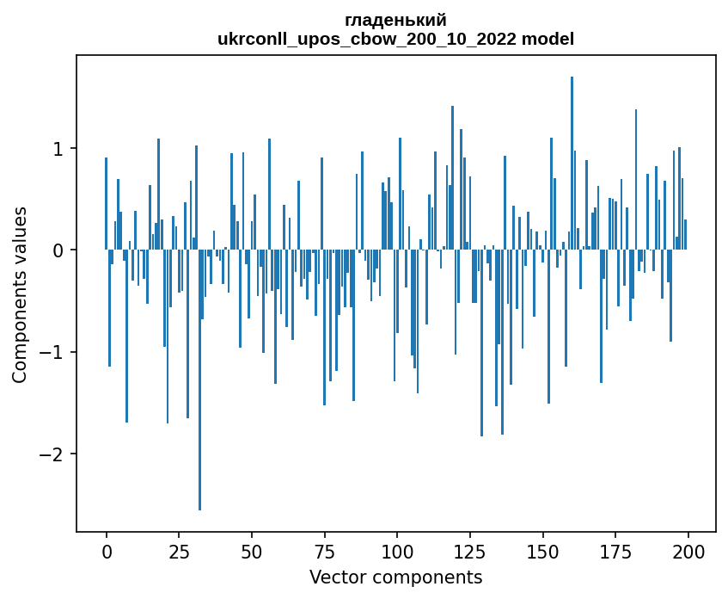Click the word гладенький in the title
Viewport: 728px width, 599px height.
395,20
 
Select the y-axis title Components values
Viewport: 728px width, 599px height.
20,294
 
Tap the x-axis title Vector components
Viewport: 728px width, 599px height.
395,577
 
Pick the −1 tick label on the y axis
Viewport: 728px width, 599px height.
54,353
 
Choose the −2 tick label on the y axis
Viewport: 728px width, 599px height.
54,454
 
